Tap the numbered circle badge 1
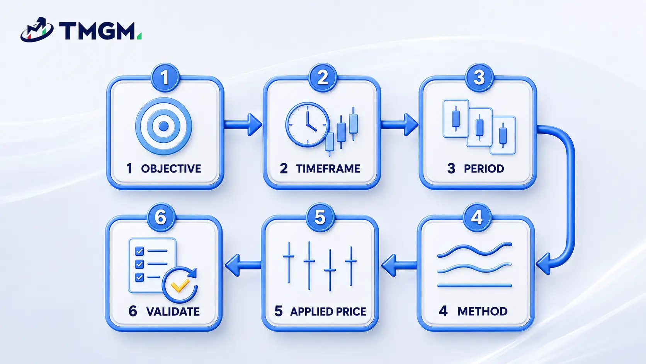point(165,78)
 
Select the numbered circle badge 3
point(479,78)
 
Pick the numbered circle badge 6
point(161,217)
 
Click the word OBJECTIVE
point(171,169)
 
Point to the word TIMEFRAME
point(328,169)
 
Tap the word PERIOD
point(484,169)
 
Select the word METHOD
point(482,311)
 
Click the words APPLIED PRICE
point(328,311)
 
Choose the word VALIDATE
point(173,311)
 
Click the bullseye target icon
point(163,126)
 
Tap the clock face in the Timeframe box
point(308,125)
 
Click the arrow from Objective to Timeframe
point(243,125)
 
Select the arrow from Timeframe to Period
point(400,125)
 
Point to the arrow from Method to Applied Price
point(399,265)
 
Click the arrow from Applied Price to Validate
point(243,265)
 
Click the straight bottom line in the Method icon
point(474,285)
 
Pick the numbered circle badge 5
point(320,217)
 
